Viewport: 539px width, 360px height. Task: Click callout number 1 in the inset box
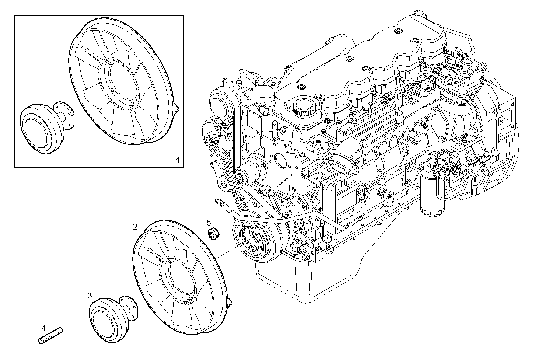point(178,160)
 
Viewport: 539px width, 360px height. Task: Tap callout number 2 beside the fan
point(135,226)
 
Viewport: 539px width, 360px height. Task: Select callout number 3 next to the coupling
point(90,295)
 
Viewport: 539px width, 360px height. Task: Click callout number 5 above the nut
point(209,222)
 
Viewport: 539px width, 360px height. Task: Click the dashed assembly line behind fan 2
point(226,253)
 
